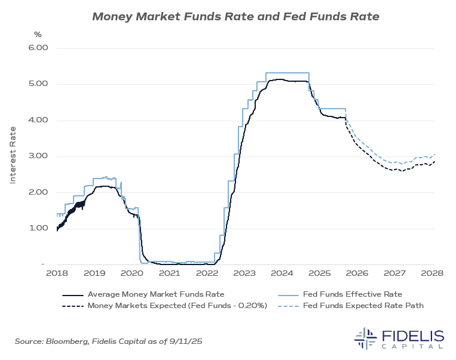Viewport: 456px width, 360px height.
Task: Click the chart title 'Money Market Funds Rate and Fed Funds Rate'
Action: pyautogui.click(x=235, y=16)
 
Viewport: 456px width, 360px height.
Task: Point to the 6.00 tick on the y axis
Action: pyautogui.click(x=38, y=48)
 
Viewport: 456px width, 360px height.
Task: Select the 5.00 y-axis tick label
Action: pyautogui.click(x=38, y=84)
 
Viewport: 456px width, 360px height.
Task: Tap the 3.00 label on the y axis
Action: pyautogui.click(x=38, y=156)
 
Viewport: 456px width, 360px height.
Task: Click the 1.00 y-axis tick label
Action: pyautogui.click(x=38, y=228)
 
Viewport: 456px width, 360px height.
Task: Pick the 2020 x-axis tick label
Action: pyautogui.click(x=131, y=273)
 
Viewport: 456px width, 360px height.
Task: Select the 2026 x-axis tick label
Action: pyautogui.click(x=357, y=273)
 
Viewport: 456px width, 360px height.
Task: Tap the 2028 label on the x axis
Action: pyautogui.click(x=431, y=273)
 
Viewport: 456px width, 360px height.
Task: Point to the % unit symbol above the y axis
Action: pyautogui.click(x=38, y=35)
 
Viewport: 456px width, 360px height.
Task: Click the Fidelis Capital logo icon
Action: pyautogui.click(x=365, y=338)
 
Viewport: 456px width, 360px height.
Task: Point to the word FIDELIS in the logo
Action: pyautogui.click(x=412, y=334)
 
